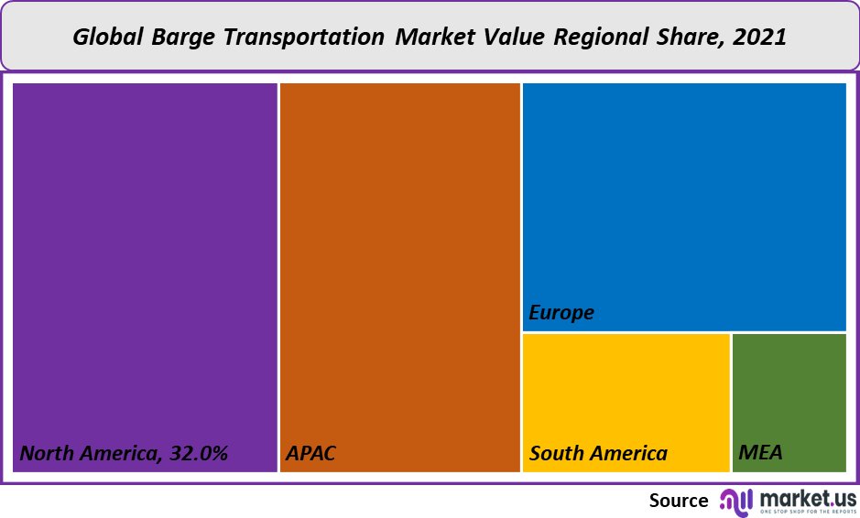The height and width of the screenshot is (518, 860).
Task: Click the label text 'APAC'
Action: (311, 453)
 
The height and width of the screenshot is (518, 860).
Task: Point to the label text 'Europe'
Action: (561, 312)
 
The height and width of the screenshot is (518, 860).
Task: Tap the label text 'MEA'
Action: (760, 453)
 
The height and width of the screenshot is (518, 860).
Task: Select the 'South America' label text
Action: (598, 453)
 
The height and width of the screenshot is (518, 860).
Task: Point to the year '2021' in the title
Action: (761, 38)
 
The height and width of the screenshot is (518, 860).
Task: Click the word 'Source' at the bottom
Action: (679, 501)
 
